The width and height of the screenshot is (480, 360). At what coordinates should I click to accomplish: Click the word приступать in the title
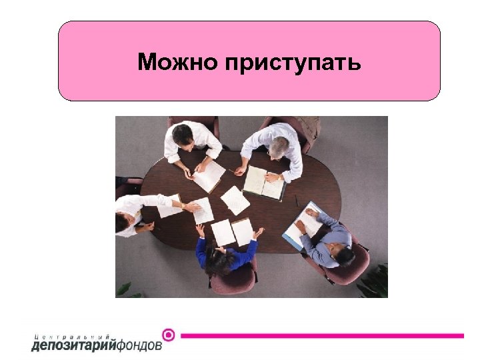(293, 63)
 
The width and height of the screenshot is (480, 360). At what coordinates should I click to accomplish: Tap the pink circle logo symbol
(169, 335)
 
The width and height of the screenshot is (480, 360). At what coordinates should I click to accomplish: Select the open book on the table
(263, 181)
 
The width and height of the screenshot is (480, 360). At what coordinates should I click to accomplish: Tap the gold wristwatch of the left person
(183, 205)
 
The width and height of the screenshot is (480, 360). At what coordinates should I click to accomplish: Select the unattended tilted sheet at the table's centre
(235, 200)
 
